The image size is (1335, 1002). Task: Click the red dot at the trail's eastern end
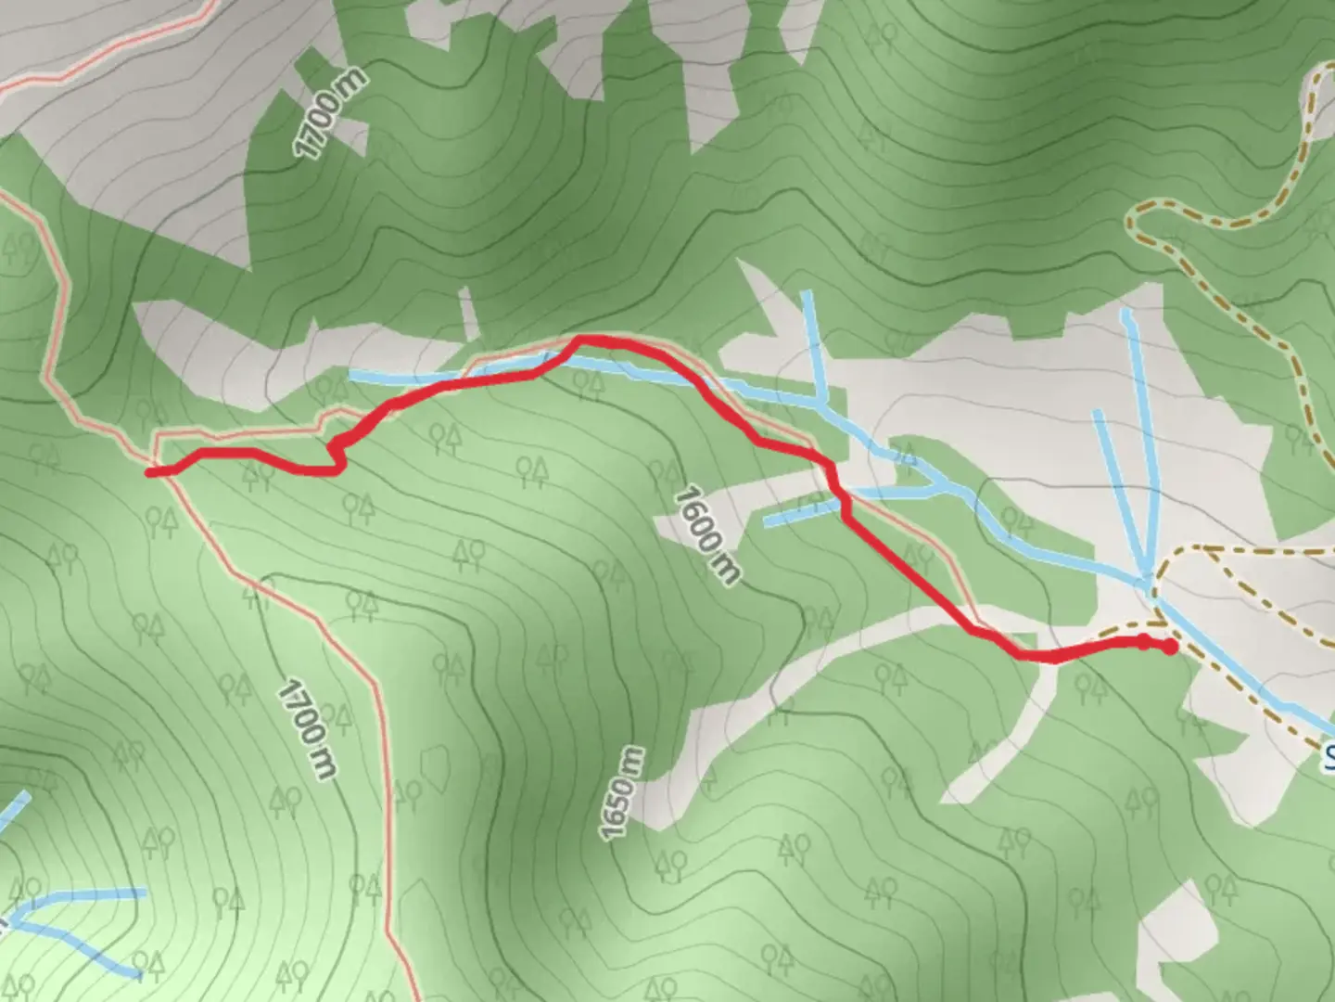coord(1170,648)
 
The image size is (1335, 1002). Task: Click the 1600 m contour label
coord(707,535)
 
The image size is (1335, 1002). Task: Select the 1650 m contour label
coord(621,794)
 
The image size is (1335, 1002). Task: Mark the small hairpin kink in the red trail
coord(336,454)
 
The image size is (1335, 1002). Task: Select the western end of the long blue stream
coord(352,374)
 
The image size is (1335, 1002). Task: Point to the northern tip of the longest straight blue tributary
coord(1125,313)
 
